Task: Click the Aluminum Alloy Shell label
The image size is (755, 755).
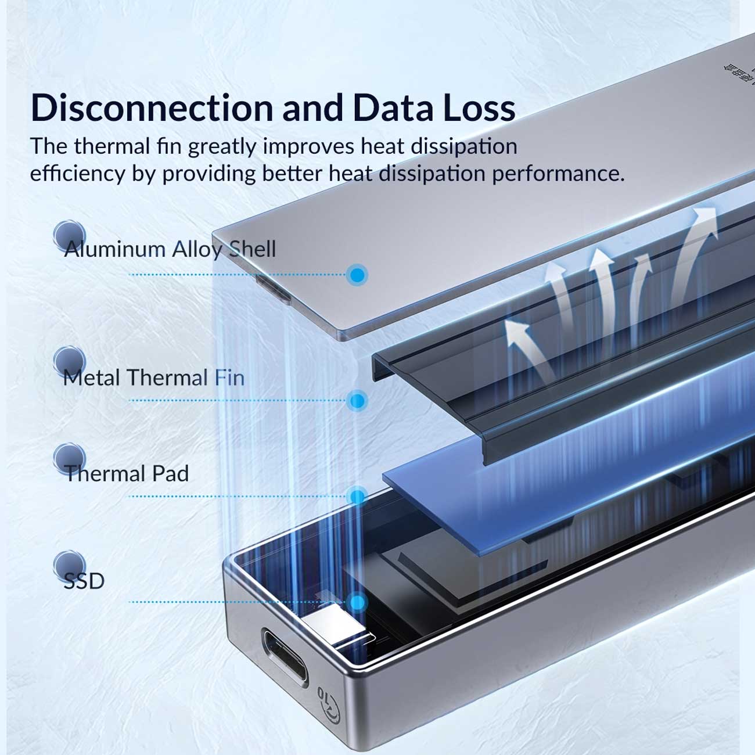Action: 170,249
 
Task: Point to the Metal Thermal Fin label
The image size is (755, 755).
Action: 154,378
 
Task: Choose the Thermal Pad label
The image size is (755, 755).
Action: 127,474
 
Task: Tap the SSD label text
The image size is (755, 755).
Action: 84,581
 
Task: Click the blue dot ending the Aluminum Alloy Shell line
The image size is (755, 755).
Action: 358,275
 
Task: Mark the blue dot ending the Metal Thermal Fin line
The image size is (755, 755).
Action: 358,401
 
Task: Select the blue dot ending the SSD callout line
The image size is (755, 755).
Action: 358,602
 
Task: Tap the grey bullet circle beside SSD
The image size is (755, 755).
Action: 69,565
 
